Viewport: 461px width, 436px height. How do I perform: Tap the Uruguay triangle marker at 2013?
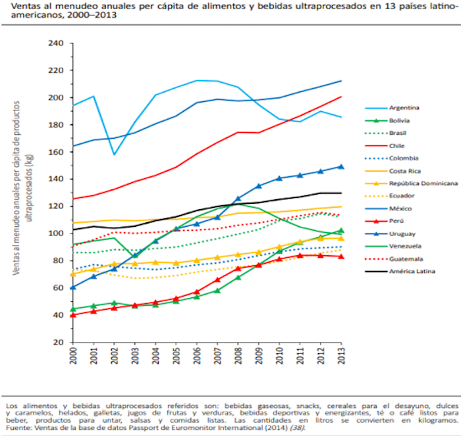pyautogui.click(x=341, y=166)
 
